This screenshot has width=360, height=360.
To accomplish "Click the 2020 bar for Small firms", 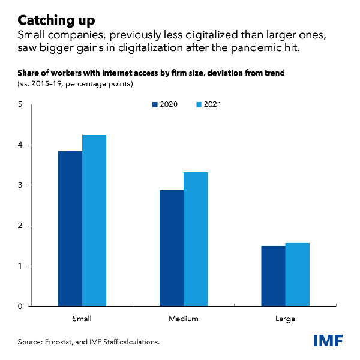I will pyautogui.click(x=70, y=229).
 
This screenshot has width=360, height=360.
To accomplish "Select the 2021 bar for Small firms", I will pyautogui.click(x=94, y=221).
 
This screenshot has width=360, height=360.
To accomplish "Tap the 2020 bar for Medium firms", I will pyautogui.click(x=172, y=248).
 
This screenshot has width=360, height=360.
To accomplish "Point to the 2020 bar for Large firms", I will pyautogui.click(x=273, y=276).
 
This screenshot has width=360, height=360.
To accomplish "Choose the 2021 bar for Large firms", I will pyautogui.click(x=297, y=274).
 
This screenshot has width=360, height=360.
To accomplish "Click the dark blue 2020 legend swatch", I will pyautogui.click(x=155, y=104).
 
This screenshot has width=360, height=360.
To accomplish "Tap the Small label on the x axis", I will pyautogui.click(x=82, y=317).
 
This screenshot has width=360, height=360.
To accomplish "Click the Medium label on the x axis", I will pyautogui.click(x=184, y=317).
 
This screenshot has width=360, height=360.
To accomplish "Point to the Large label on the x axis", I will pyautogui.click(x=285, y=317).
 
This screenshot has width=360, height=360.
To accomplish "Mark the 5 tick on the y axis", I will pyautogui.click(x=21, y=105).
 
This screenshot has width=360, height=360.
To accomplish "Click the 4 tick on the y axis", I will pyautogui.click(x=21, y=145).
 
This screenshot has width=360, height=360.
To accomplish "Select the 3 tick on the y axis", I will pyautogui.click(x=21, y=185).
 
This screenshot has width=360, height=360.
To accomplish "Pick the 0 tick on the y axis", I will pyautogui.click(x=21, y=306).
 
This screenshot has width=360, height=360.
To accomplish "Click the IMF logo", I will pyautogui.click(x=328, y=340).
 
